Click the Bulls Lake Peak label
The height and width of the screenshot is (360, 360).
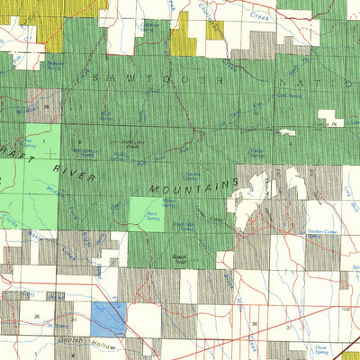[128, 144]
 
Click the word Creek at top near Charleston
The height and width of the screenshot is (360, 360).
[260, 17]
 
